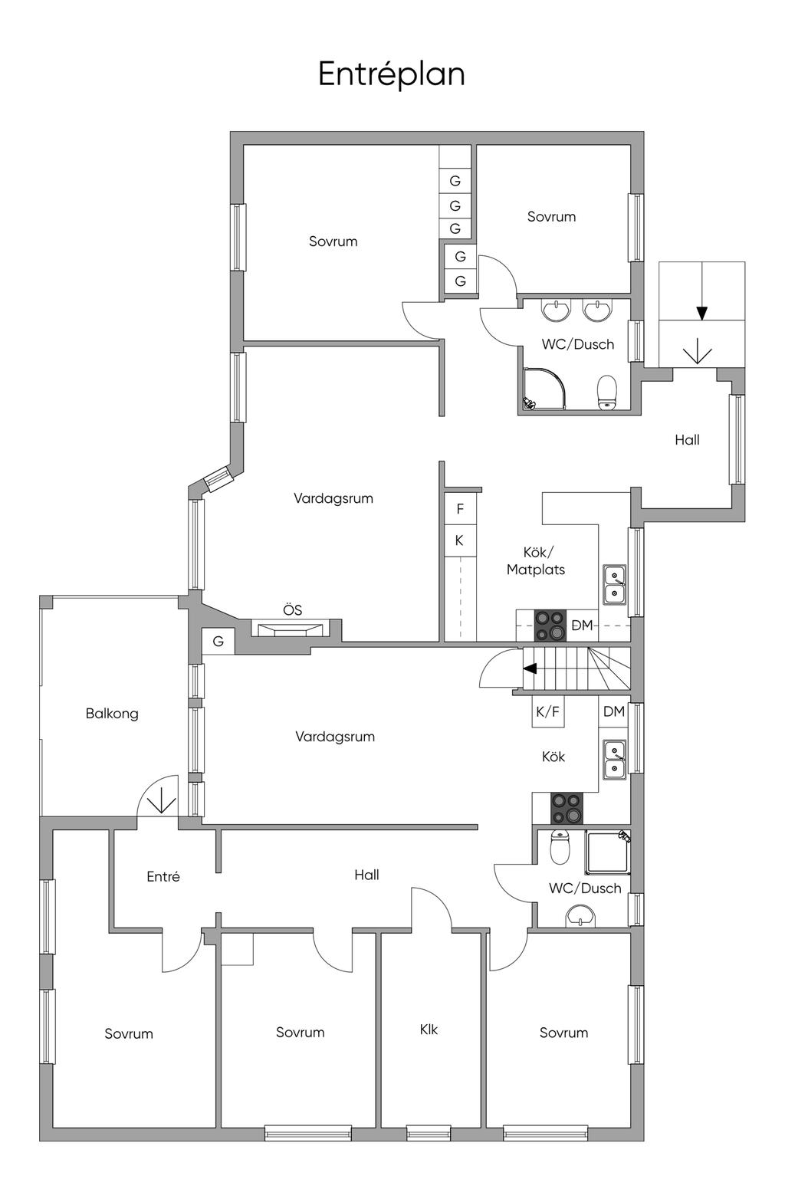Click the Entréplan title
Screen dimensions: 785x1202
(x=391, y=75)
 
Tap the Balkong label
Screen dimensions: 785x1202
(x=112, y=714)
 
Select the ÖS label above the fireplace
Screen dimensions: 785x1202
(x=292, y=609)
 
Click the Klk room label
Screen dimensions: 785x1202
(x=429, y=1030)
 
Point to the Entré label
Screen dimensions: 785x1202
(x=163, y=876)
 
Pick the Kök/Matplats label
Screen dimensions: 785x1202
(x=536, y=561)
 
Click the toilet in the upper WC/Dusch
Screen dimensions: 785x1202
(x=607, y=392)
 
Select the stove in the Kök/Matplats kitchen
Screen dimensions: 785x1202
(x=550, y=626)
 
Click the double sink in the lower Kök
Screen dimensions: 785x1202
(x=614, y=759)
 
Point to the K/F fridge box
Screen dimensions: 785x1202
(x=548, y=711)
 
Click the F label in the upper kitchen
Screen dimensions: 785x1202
(x=460, y=509)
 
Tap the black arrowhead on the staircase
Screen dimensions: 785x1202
(x=530, y=668)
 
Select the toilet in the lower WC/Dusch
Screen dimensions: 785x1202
(x=560, y=848)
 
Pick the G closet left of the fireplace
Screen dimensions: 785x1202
(x=218, y=641)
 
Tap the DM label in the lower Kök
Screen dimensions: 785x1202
(x=614, y=711)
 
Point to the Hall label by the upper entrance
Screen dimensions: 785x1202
(x=688, y=440)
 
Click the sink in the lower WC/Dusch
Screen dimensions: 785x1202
(x=580, y=915)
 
